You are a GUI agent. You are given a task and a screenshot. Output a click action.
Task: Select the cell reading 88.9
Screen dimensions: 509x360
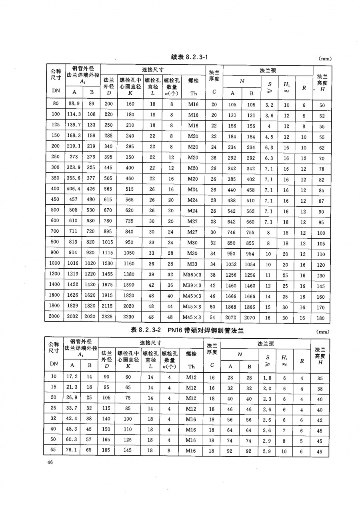point(74,105)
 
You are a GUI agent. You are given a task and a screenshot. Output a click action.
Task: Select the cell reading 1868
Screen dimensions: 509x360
point(232,307)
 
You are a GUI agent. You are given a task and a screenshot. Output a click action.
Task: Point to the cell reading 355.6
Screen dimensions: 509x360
point(74,179)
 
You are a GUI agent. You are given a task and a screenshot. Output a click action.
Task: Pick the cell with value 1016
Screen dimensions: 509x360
point(74,265)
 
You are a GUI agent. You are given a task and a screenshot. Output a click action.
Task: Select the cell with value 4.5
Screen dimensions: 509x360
point(268,136)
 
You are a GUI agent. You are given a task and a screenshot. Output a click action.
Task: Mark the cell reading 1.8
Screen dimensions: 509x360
point(267,377)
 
